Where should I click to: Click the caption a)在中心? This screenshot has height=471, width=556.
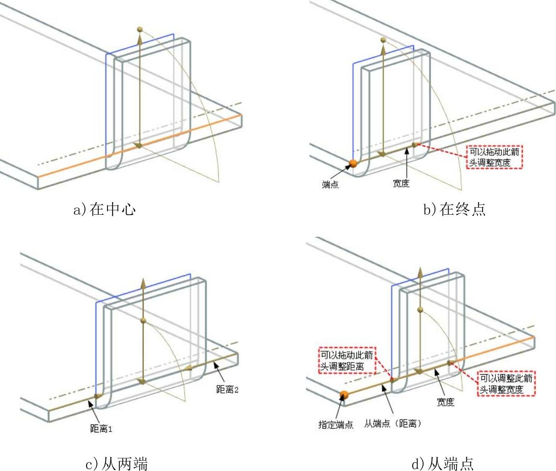click(105, 209)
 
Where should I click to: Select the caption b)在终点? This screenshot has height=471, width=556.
click(454, 209)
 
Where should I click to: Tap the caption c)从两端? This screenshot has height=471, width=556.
click(117, 464)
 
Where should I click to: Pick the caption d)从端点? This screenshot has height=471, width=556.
click(442, 464)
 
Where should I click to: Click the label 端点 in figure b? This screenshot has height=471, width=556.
click(330, 184)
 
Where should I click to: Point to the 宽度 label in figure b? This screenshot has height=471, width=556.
click(401, 183)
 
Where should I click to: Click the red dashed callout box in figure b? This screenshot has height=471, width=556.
click(494, 157)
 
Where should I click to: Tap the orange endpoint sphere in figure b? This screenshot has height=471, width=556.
click(353, 163)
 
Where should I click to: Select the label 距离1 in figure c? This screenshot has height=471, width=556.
click(101, 428)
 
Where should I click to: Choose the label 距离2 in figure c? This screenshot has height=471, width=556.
click(227, 389)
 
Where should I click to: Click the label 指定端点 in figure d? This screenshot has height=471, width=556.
click(336, 424)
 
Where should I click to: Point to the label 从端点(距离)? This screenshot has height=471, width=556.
click(393, 424)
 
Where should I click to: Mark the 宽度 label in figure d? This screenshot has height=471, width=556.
click(445, 402)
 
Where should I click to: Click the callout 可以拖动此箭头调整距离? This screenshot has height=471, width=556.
click(347, 361)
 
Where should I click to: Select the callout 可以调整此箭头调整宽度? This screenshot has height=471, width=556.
click(506, 383)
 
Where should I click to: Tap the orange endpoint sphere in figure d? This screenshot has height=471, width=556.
click(344, 395)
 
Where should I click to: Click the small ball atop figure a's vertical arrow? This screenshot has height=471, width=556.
click(140, 29)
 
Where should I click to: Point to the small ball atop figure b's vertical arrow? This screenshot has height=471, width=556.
click(383, 40)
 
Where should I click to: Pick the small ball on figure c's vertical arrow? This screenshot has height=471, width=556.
click(143, 320)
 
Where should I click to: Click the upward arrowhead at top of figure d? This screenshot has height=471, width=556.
click(420, 273)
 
